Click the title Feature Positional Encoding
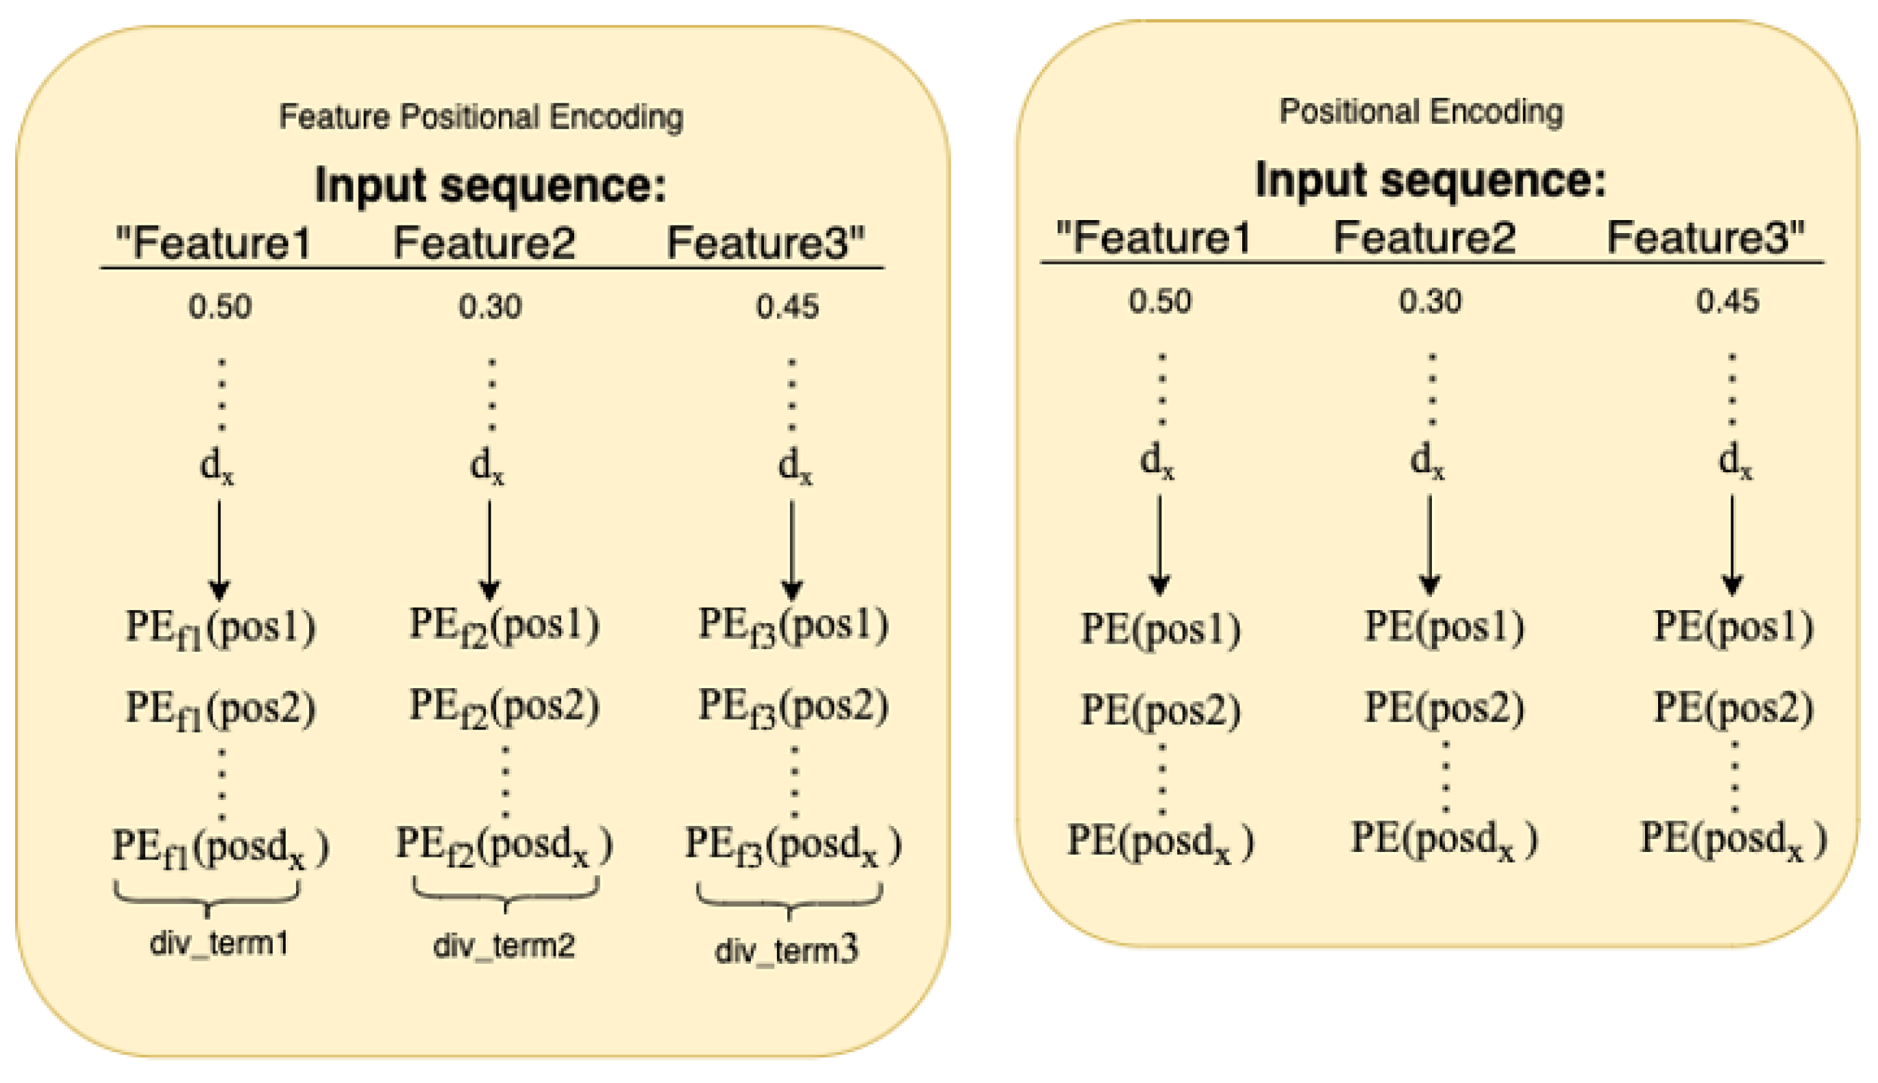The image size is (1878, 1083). pos(480,117)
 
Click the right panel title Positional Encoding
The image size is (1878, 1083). pos(1420,112)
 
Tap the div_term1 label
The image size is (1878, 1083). pos(219,943)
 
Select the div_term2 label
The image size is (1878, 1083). pos(504,945)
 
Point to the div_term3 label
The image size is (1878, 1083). pos(786,950)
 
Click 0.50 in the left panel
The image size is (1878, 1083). pos(219,306)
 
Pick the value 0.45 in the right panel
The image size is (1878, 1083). pos(1727,301)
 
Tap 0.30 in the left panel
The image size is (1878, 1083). pos(489,306)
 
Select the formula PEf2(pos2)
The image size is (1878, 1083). pos(504,707)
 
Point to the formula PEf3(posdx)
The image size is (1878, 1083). pos(792,847)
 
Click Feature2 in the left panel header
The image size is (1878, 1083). pos(484,243)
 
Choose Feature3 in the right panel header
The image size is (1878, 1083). pos(1705,237)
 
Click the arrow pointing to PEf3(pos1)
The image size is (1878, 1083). pos(791,550)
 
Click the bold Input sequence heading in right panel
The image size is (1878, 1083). pos(1430,180)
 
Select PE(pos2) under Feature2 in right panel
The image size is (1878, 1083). pos(1444,708)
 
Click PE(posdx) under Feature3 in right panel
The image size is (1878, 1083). pos(1732,840)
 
